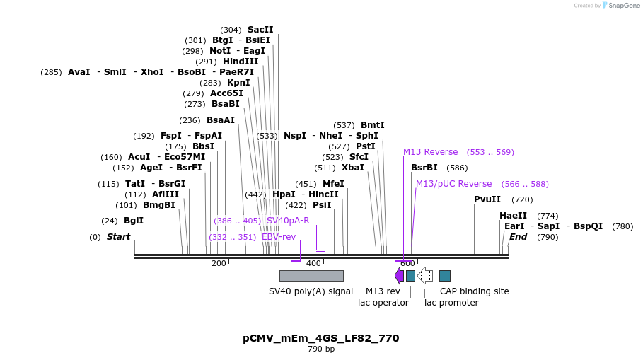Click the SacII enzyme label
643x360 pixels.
[x=260, y=30]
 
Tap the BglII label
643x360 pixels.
[x=133, y=220]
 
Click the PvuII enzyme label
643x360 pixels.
[x=487, y=199]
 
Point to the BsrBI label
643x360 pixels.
[x=424, y=168]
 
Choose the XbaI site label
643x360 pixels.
[x=352, y=168]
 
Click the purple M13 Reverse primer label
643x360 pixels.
[x=430, y=152]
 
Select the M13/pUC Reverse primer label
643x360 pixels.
[x=453, y=184]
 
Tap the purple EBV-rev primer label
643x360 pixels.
[x=279, y=237]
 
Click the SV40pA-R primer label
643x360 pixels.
[x=288, y=221]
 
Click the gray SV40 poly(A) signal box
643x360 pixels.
[x=311, y=276]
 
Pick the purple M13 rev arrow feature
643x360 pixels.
[x=399, y=276]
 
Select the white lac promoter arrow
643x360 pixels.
[x=425, y=276]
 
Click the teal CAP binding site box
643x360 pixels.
[x=444, y=276]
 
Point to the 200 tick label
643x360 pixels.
[x=219, y=264]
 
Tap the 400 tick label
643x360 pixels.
[x=313, y=264]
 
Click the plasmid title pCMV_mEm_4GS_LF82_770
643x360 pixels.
[x=320, y=338]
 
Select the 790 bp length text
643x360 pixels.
[x=320, y=349]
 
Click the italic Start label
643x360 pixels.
[x=118, y=237]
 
